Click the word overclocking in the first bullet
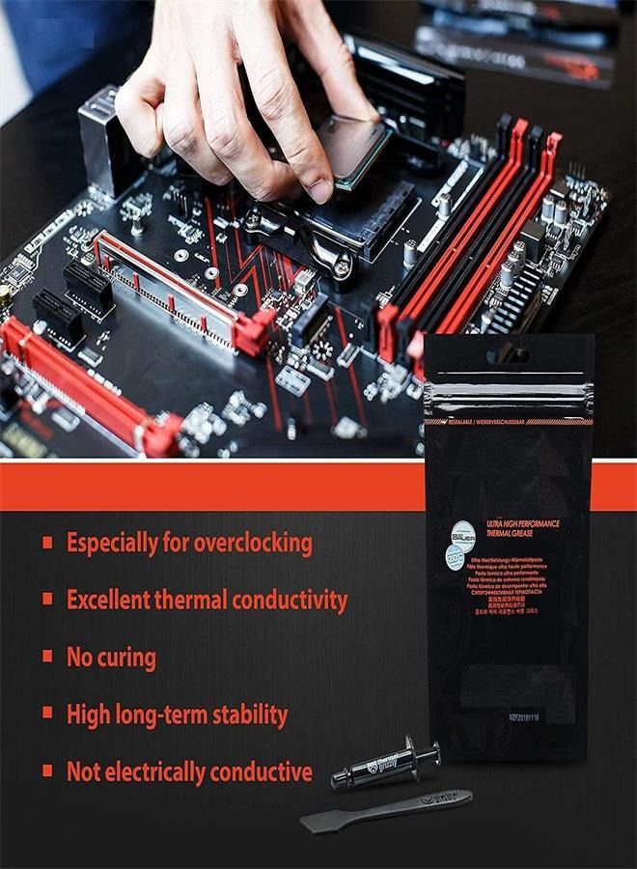[253, 543]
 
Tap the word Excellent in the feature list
[107, 600]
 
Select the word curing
[125, 658]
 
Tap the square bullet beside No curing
[47, 658]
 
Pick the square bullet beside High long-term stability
[47, 715]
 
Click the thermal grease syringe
[384, 766]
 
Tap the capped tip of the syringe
[339, 778]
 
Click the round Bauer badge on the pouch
[464, 532]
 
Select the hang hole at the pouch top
[509, 356]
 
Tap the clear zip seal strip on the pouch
[509, 397]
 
